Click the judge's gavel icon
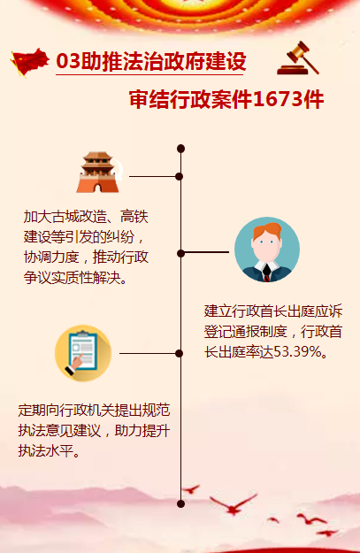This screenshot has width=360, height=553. click(298, 58)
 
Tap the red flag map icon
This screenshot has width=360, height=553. click(29, 62)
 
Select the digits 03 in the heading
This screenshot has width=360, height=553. click(68, 61)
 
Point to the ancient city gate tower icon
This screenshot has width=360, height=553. click(98, 173)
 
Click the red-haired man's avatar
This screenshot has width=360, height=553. click(267, 250)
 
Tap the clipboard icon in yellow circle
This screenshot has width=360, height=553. click(83, 353)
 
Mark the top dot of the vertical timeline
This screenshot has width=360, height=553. click(180, 149)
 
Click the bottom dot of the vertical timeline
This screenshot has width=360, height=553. click(180, 503)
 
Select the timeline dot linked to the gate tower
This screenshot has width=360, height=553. click(180, 176)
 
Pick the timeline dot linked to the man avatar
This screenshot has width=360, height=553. click(180, 253)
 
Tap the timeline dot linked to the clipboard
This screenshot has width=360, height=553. click(180, 353)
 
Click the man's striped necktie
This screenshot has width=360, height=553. click(267, 273)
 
